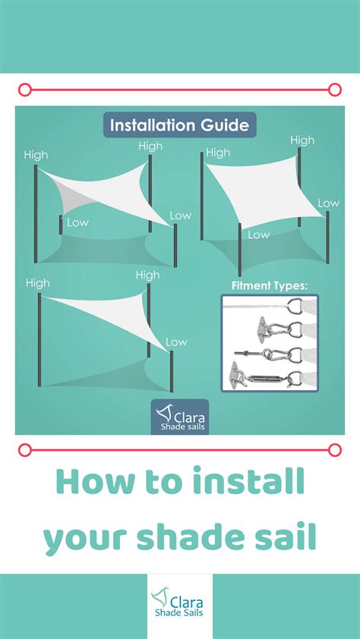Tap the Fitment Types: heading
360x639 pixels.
[269, 286]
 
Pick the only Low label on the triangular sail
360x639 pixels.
[176, 342]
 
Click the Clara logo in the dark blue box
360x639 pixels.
[180, 417]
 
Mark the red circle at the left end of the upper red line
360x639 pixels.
[24, 90]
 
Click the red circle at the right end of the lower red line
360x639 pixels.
[335, 450]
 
